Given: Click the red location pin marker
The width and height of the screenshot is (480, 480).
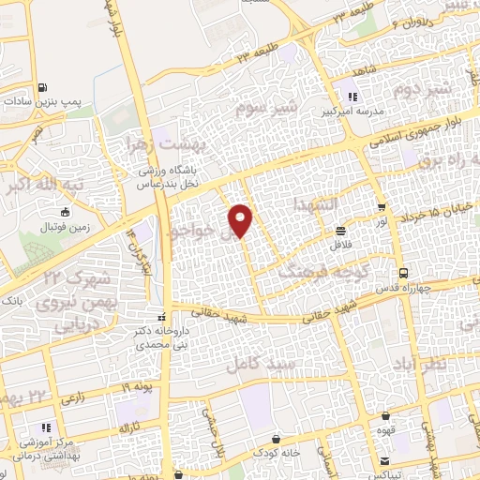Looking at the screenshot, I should coord(241,220).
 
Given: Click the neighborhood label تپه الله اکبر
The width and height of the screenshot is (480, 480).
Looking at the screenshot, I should coord(52,185).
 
